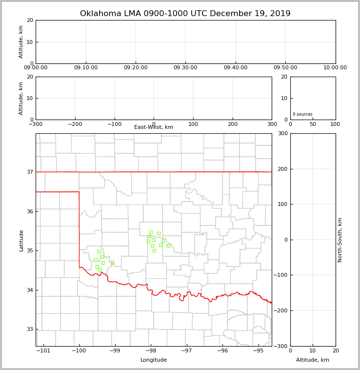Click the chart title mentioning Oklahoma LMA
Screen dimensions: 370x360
(x=185, y=14)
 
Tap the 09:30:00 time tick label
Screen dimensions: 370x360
(x=185, y=68)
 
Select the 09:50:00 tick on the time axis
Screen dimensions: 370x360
(x=285, y=68)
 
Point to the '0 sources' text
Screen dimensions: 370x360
(x=302, y=114)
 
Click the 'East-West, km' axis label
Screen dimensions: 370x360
(x=154, y=127)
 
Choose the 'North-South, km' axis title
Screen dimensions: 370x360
(x=340, y=240)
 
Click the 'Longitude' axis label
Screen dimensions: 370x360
(x=154, y=360)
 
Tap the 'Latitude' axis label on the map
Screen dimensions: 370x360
(x=21, y=240)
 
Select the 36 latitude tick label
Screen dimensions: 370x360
(x=30, y=211)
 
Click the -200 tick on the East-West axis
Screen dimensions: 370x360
(x=75, y=124)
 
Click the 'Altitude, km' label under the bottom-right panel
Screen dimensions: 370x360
(x=313, y=360)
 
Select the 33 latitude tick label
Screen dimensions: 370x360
(x=30, y=329)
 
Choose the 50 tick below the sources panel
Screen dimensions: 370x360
(x=313, y=124)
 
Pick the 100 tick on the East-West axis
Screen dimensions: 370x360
(x=193, y=124)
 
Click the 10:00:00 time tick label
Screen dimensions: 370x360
(x=335, y=68)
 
